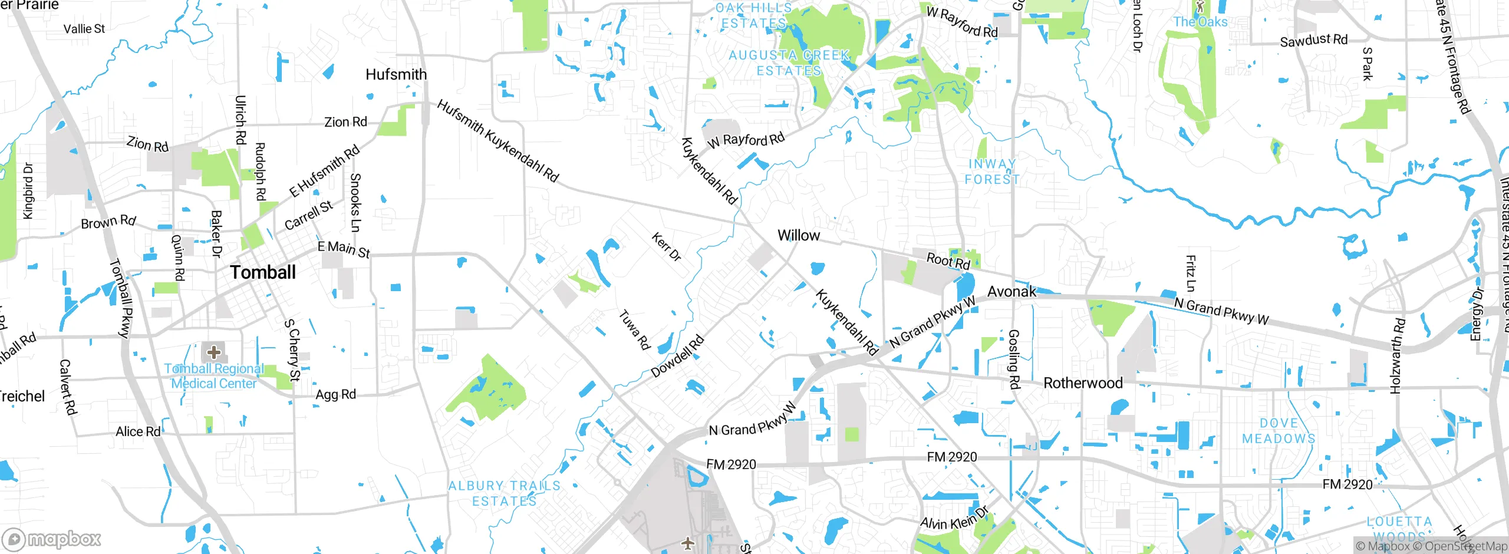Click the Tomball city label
(x=263, y=272)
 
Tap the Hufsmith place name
(x=396, y=75)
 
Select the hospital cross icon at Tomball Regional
(x=213, y=352)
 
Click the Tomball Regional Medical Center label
(x=213, y=376)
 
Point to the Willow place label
(x=798, y=236)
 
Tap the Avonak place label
(x=1012, y=292)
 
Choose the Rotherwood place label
(x=1082, y=383)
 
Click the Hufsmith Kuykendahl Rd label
(x=497, y=141)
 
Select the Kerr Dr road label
(x=666, y=247)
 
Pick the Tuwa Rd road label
(x=634, y=329)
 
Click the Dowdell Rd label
(x=677, y=356)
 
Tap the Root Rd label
(x=948, y=260)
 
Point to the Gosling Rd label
(x=1014, y=359)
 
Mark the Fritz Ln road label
(x=1191, y=273)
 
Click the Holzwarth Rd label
(x=1398, y=356)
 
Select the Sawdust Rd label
(x=1313, y=40)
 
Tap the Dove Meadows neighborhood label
(x=1279, y=431)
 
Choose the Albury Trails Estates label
(x=505, y=493)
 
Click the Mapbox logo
(x=52, y=539)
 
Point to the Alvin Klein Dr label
(x=954, y=519)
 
